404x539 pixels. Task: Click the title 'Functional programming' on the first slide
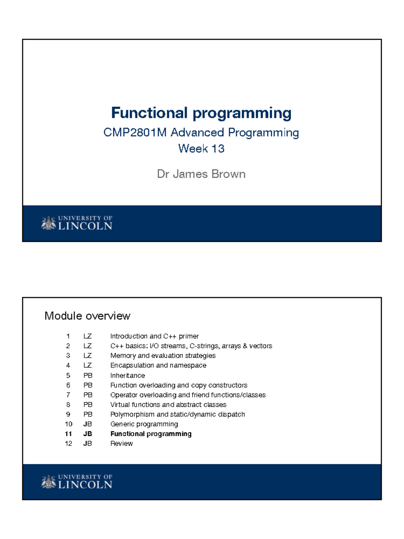(x=201, y=113)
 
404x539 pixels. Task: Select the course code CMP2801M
(x=135, y=132)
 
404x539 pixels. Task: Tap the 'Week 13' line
(x=201, y=149)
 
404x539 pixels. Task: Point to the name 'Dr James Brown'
(x=201, y=174)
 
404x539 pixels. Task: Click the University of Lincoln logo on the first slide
(x=77, y=223)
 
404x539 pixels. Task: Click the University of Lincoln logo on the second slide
(x=77, y=482)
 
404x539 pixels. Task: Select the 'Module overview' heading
(x=87, y=316)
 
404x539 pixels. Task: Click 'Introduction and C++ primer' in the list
(x=155, y=336)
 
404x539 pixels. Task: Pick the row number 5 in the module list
(x=68, y=375)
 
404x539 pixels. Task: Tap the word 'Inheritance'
(x=128, y=375)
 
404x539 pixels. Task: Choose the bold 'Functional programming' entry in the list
(x=151, y=434)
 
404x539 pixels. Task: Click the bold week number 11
(x=68, y=434)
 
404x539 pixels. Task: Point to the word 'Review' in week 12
(x=122, y=444)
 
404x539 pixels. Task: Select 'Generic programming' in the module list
(x=144, y=424)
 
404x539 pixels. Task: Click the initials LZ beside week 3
(x=88, y=356)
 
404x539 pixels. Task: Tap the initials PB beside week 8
(x=88, y=405)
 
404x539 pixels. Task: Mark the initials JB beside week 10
(x=88, y=424)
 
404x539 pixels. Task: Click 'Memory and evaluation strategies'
(x=163, y=356)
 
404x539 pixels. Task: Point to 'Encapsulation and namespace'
(x=158, y=366)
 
